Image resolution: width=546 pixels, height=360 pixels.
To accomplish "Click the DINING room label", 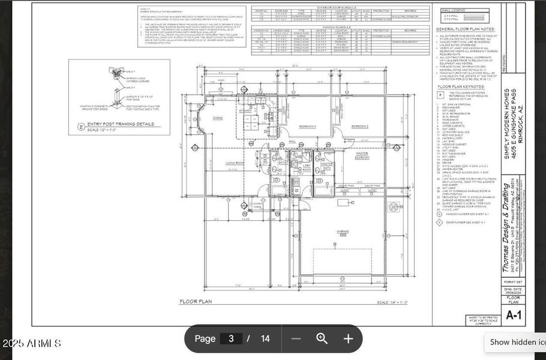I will click(x=218, y=118).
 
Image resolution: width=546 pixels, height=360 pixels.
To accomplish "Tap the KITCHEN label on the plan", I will click(x=245, y=112).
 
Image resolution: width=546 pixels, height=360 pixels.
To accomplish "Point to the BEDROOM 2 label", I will click(x=359, y=126).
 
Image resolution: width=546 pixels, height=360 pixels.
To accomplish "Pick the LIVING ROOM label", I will click(x=234, y=163).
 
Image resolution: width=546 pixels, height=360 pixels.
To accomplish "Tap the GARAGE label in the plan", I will click(x=343, y=231).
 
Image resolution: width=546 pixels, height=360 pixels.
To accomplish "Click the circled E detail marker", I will click(x=82, y=126).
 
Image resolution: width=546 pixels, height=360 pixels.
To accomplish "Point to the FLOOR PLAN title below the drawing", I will click(x=196, y=301).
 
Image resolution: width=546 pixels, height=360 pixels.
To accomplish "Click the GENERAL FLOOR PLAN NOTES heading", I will click(x=465, y=29).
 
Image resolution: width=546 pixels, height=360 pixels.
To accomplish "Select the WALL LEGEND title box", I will click(x=454, y=10).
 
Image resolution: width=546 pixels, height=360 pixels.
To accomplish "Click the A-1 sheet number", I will click(x=514, y=315).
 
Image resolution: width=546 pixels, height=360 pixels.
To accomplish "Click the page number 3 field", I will click(x=231, y=338).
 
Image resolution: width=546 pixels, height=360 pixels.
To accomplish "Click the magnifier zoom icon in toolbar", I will click(x=322, y=338).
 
